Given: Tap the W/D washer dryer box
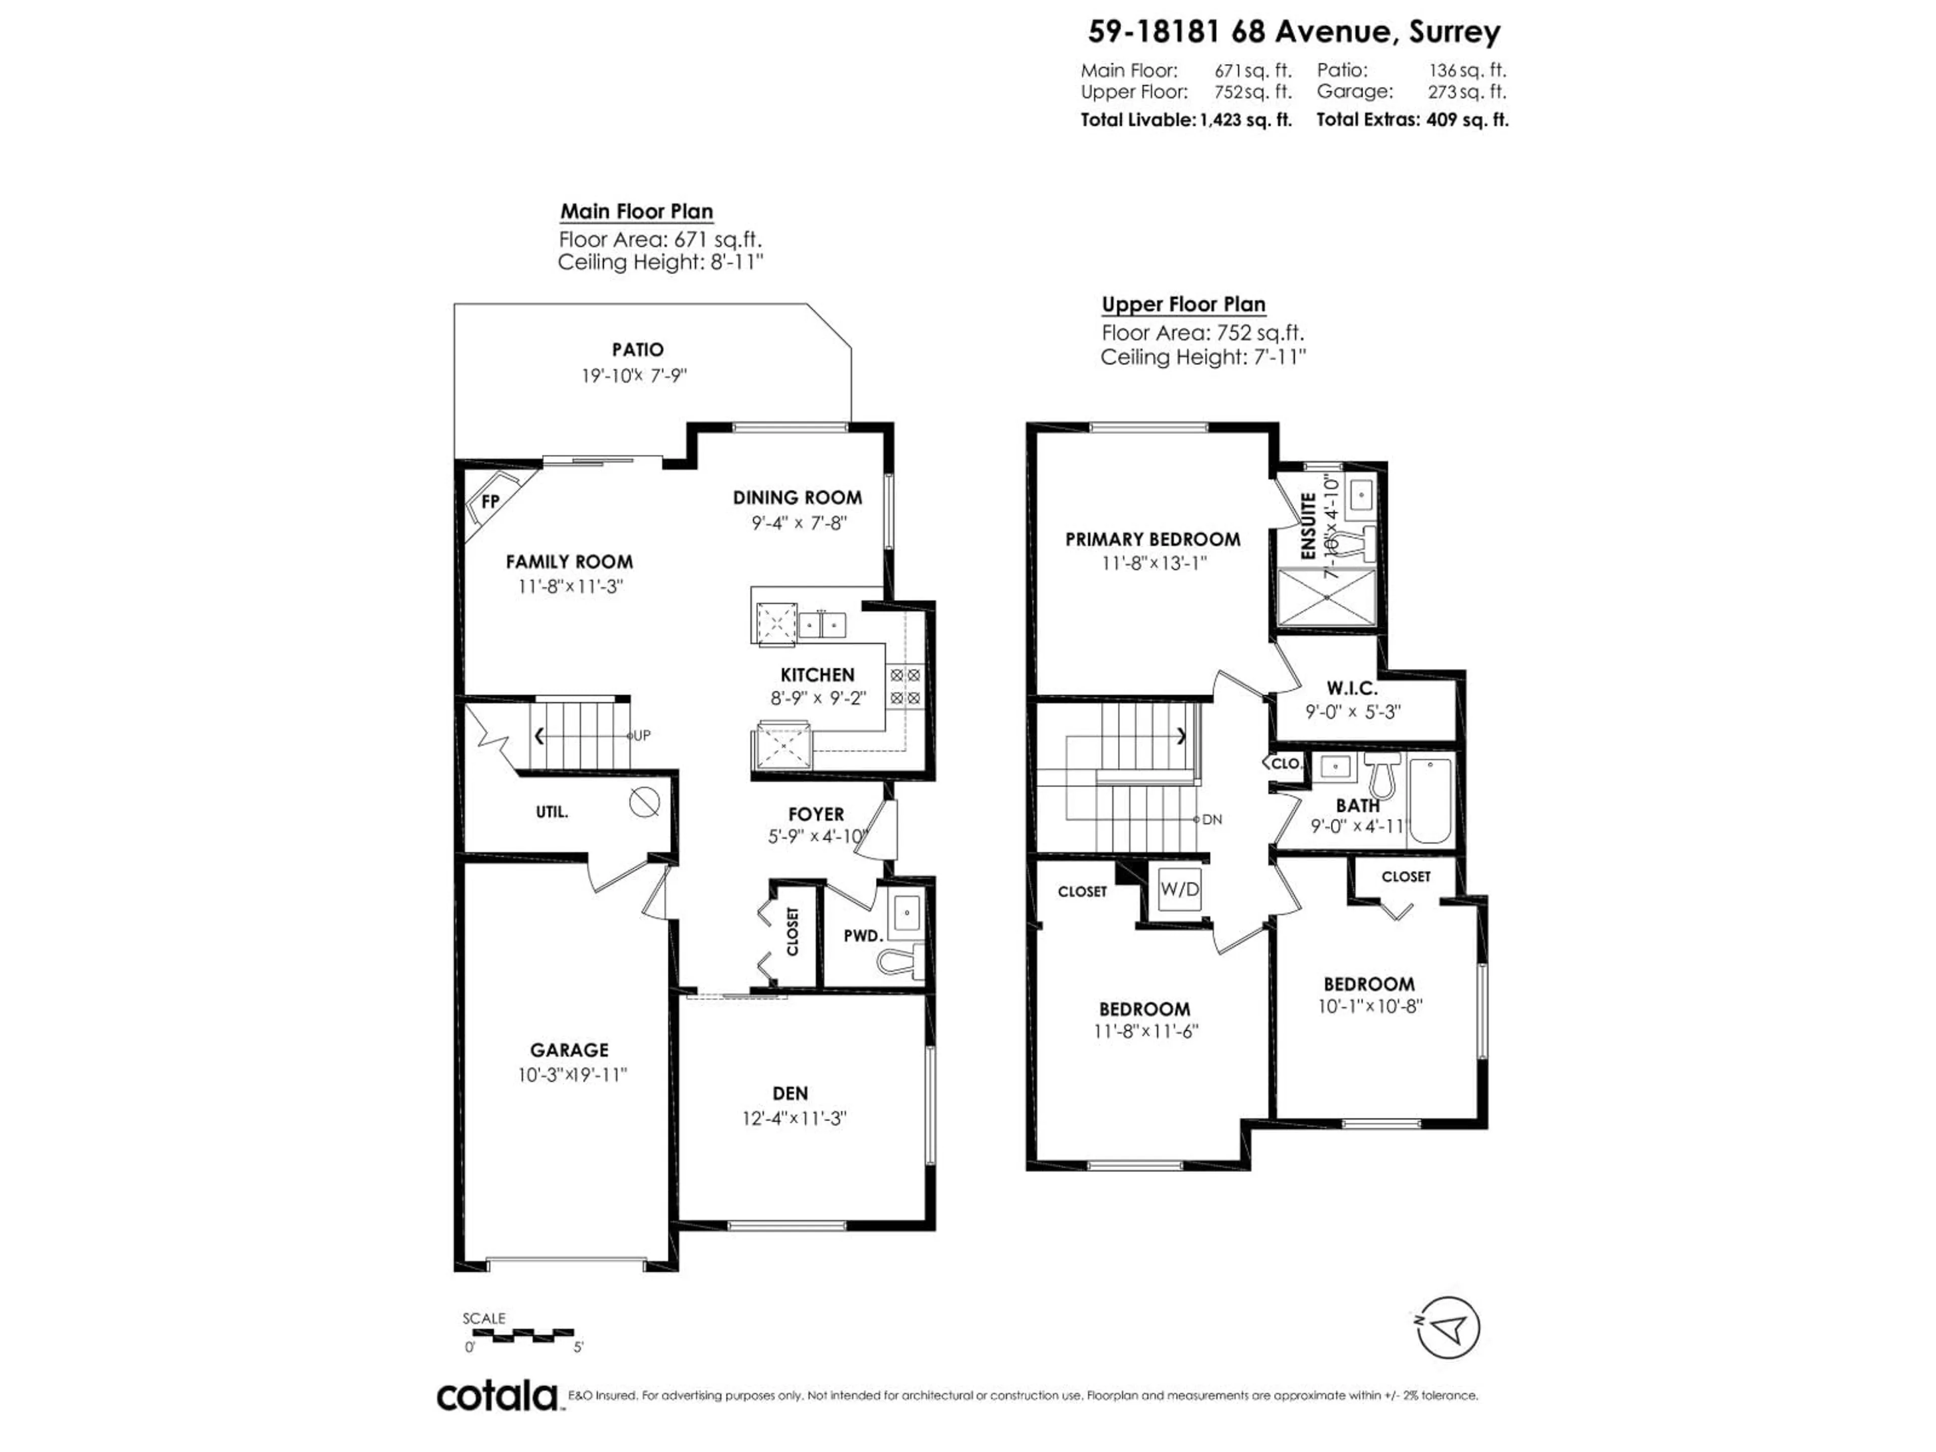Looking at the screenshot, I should tap(1179, 889).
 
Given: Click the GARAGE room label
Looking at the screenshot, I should tap(569, 1049).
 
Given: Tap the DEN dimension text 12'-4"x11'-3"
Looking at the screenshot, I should tap(795, 1119).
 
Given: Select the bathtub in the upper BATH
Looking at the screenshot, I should tap(1430, 801).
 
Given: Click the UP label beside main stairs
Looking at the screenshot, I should tap(641, 735).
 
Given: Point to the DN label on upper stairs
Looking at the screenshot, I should tap(1212, 819).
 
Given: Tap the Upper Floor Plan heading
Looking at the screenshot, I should tap(1183, 305).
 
